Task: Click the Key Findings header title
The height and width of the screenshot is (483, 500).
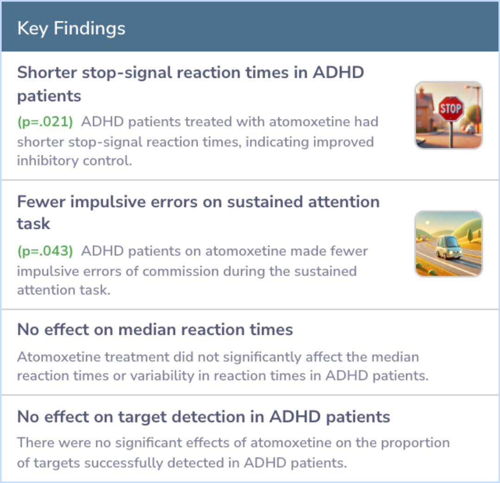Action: point(71,29)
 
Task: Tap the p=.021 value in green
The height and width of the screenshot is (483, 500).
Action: point(45,122)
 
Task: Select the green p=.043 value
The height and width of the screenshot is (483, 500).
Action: point(45,251)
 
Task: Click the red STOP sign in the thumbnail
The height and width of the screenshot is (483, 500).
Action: point(450,108)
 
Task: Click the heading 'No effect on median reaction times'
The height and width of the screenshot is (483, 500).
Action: point(155,330)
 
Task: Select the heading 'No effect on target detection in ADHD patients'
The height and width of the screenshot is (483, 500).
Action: point(203,417)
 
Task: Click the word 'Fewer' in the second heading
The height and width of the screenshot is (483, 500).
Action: point(41,202)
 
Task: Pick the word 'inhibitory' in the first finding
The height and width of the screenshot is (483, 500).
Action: point(48,161)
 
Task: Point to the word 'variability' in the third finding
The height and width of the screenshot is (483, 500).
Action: point(162,376)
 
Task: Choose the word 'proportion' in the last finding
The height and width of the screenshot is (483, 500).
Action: point(415,443)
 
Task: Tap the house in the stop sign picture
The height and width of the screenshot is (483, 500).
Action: point(426,110)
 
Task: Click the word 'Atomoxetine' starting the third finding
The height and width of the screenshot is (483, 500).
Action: point(59,357)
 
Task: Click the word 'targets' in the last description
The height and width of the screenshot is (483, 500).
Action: point(57,463)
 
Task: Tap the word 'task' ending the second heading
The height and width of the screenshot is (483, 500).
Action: point(33,224)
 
